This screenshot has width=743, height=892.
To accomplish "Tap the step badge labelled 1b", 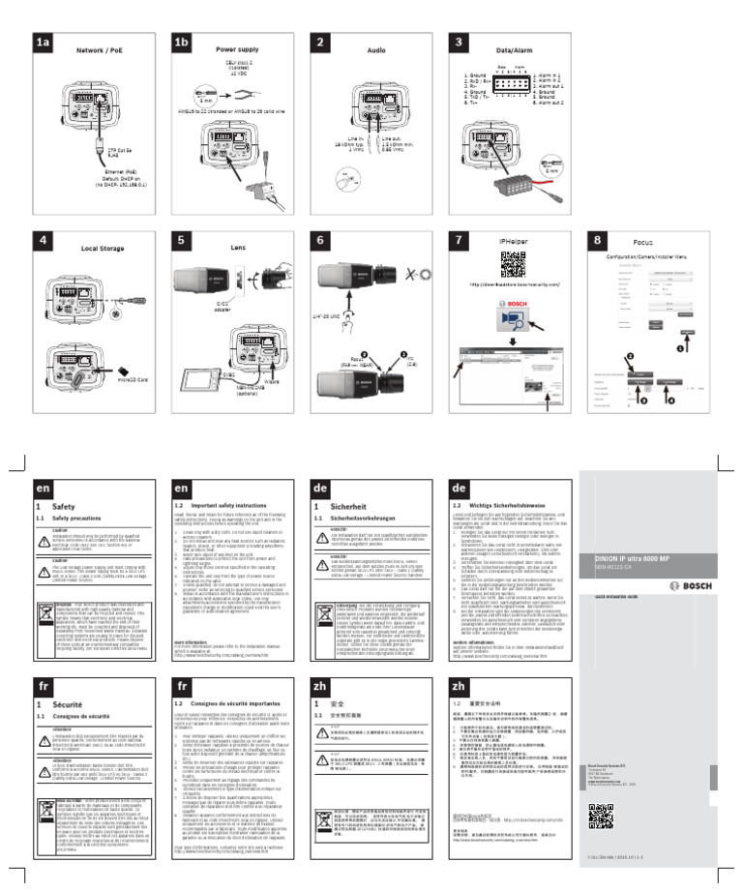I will [182, 43].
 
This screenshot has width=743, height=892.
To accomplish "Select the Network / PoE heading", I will [102, 47].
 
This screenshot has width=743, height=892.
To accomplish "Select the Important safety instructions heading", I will [233, 505].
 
